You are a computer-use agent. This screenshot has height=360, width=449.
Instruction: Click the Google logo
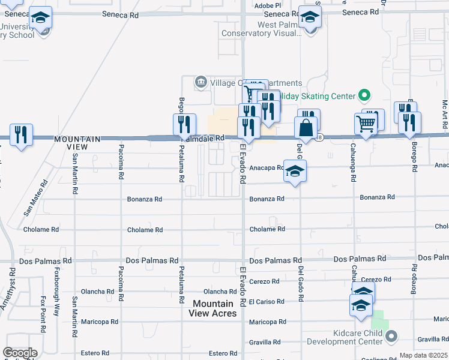coord(20,353)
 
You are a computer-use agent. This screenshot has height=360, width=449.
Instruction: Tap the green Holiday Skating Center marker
coord(363,95)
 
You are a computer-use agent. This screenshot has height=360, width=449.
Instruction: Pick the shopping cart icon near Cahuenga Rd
coord(366,124)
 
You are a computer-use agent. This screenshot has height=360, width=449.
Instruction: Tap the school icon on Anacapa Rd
coord(295,171)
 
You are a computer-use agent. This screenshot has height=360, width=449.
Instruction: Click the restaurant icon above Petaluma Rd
coord(184,124)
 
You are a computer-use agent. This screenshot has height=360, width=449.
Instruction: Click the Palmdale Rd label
coord(203,137)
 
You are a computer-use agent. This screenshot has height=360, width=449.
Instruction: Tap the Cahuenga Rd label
coord(354,165)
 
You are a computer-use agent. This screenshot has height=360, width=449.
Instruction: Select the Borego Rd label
coord(414,157)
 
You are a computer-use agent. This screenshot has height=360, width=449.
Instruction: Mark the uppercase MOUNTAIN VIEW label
coord(79,143)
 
